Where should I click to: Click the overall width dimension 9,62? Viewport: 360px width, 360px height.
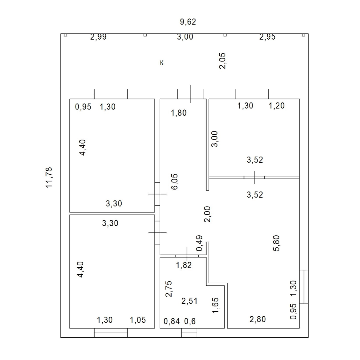pos(188,22)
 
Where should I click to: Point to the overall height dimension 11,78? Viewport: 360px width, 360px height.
pos(49,177)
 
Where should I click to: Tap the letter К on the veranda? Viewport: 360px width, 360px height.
pos(162,63)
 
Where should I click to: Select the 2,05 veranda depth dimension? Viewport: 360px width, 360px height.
pos(222,61)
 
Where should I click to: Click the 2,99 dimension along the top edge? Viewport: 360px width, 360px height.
pos(98,37)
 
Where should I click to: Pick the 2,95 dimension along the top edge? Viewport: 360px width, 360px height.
pos(267,37)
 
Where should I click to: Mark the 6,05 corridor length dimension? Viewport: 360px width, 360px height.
pos(175,181)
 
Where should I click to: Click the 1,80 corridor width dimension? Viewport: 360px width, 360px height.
pos(179,113)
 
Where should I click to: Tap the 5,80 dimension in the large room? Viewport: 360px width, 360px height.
pos(276,243)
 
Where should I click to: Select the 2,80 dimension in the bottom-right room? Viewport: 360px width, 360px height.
pos(258,319)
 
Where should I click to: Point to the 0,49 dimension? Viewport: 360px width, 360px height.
pos(199,243)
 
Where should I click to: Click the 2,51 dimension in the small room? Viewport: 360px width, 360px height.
pos(189,301)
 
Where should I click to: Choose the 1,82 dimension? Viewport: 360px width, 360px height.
pos(184,265)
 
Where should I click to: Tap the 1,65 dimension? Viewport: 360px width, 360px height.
pos(215,305)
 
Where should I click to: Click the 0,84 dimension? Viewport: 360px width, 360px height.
pos(172,321)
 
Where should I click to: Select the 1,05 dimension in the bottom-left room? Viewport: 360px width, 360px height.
pos(138,320)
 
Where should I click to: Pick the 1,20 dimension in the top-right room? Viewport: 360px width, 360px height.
pos(276,106)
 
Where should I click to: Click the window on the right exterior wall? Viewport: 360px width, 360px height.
pos(304,287)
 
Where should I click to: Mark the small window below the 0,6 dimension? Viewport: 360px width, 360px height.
pos(189,333)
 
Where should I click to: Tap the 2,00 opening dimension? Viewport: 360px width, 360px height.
pos(207,214)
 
